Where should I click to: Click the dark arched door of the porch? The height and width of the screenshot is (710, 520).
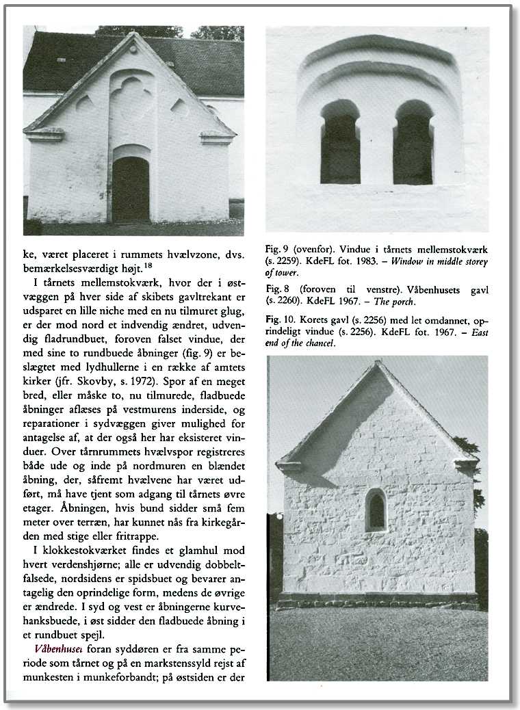tap(131, 189)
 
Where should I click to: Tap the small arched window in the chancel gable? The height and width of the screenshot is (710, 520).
tap(375, 510)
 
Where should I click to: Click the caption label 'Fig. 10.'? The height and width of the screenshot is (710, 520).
tap(276, 321)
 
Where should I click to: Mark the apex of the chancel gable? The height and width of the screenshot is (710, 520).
tap(376, 364)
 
